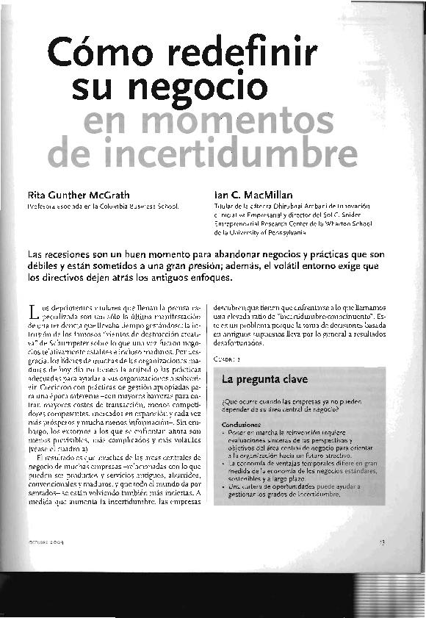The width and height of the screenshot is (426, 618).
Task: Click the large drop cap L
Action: click(x=32, y=310)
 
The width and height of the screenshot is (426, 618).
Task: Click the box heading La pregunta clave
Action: click(x=255, y=381)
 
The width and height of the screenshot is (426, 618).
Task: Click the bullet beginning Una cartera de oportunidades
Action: click(x=279, y=490)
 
